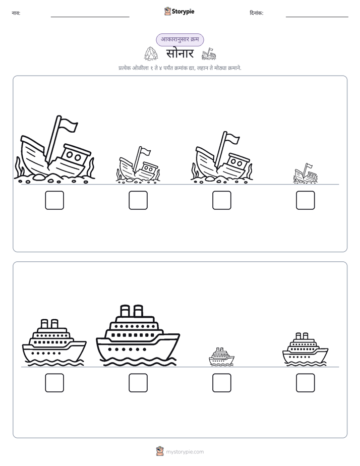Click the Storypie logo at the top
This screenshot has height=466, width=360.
[179, 12]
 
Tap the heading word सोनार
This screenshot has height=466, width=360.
[179, 53]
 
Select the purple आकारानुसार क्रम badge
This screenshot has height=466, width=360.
[180, 40]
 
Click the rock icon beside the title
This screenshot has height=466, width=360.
[151, 53]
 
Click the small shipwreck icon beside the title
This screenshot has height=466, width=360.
[209, 54]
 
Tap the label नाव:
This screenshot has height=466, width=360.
[16, 13]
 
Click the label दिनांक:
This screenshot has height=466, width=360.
[257, 13]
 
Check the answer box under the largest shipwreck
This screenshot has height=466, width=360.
[54, 200]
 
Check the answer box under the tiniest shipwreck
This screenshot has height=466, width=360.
[306, 200]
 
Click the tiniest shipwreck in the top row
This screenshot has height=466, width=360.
[306, 173]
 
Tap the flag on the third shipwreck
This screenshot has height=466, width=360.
[232, 138]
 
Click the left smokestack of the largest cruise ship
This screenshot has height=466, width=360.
[125, 311]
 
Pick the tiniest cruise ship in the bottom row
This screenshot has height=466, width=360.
[221, 357]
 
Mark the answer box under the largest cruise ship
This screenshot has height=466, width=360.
[138, 383]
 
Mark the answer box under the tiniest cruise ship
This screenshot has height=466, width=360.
[222, 383]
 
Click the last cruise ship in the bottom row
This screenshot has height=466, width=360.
[306, 349]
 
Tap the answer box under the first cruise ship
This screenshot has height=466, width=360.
[54, 383]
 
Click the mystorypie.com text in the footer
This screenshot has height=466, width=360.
[185, 452]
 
